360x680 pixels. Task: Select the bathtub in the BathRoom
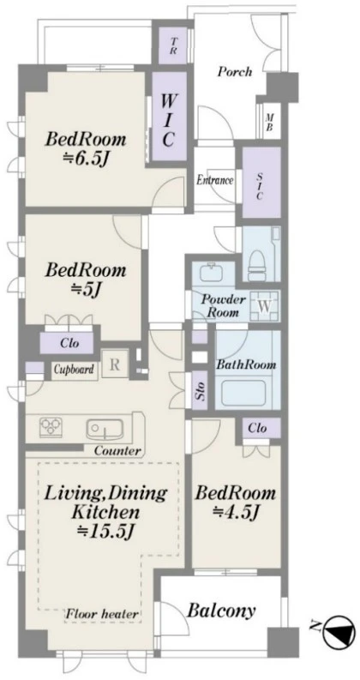(x=243, y=392)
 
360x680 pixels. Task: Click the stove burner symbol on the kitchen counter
(x=51, y=426)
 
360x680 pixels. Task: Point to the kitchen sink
(x=105, y=429)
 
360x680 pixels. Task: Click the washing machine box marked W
(x=265, y=306)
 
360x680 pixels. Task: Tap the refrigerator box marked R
(x=115, y=364)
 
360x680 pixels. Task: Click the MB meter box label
(x=270, y=123)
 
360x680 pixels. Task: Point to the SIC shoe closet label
(x=260, y=186)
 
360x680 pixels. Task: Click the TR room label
(x=174, y=46)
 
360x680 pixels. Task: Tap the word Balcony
(x=221, y=611)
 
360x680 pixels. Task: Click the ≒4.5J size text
(x=236, y=514)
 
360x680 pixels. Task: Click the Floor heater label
(x=103, y=614)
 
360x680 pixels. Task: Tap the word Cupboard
(x=75, y=370)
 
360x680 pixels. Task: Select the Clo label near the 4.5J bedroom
(x=257, y=428)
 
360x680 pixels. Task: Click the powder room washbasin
(x=212, y=274)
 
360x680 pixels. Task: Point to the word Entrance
(x=215, y=180)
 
